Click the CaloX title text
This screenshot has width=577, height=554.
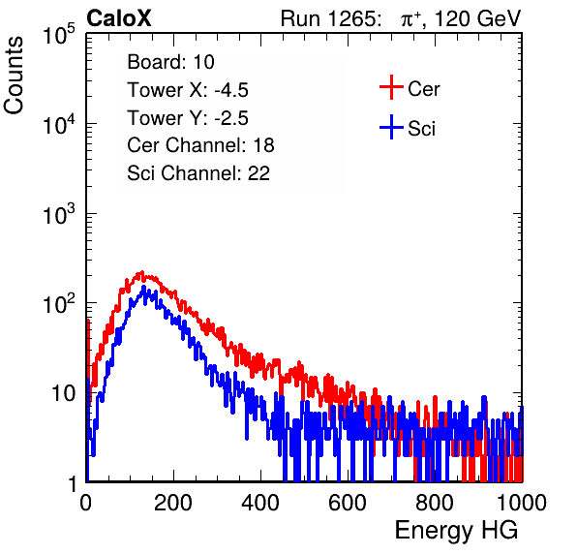pyautogui.click(x=119, y=18)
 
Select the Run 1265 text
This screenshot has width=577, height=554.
pyautogui.click(x=330, y=18)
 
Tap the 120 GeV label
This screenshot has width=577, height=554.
pyautogui.click(x=477, y=18)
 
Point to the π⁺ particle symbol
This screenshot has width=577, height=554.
pyautogui.click(x=411, y=19)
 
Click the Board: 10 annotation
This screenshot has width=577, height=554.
pyautogui.click(x=170, y=61)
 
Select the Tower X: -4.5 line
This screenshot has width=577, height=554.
pyautogui.click(x=188, y=89)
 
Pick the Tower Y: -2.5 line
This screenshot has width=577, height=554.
pyautogui.click(x=188, y=117)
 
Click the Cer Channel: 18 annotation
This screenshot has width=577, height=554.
pyautogui.click(x=200, y=145)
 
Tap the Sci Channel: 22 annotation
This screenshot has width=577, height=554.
pyautogui.click(x=198, y=173)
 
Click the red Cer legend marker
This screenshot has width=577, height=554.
pyautogui.click(x=391, y=87)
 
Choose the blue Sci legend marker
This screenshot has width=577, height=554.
pyautogui.click(x=391, y=128)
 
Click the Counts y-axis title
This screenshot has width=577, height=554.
pyautogui.click(x=14, y=75)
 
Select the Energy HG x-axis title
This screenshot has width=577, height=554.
pyautogui.click(x=456, y=531)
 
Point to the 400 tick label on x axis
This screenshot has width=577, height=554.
pyautogui.click(x=260, y=502)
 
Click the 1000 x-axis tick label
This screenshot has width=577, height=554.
pyautogui.click(x=521, y=502)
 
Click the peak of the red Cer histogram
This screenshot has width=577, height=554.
pyautogui.click(x=141, y=272)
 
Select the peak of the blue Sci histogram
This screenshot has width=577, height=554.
pyautogui.click(x=144, y=287)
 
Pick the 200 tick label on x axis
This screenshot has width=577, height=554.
pyautogui.click(x=173, y=502)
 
